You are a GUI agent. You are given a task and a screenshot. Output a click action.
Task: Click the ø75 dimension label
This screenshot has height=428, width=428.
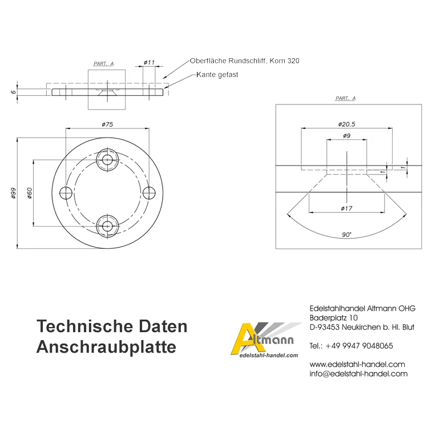pos(107,124)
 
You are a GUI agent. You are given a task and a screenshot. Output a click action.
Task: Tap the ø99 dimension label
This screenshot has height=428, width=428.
pos(13,193)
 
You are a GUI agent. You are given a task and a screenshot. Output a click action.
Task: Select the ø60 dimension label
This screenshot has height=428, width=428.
pos(30,193)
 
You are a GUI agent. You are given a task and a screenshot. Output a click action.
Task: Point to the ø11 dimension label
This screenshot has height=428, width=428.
pos(150,63)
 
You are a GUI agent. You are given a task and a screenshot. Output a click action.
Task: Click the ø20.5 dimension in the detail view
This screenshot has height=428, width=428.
pos(346,124)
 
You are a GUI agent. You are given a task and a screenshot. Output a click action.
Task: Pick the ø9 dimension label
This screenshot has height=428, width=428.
pos(346,136)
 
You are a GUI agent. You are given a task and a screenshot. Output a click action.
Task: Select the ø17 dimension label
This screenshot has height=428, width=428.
pos(346,208)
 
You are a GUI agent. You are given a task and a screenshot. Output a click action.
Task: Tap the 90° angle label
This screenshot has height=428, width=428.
pos(346,235)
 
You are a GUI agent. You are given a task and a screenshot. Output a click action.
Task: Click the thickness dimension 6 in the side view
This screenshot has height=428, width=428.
pos(13,92)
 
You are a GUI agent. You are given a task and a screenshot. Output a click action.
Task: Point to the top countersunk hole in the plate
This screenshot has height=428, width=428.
pos(107,160)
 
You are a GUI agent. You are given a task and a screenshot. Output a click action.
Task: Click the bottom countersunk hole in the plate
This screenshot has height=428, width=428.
pos(107,226)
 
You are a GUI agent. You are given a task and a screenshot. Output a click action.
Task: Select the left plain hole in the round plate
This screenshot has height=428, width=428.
pos(66,193)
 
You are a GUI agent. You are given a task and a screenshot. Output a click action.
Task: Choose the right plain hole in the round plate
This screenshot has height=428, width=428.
pos(149,193)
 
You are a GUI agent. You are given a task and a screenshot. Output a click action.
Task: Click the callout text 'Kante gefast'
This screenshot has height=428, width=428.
pos(217,75)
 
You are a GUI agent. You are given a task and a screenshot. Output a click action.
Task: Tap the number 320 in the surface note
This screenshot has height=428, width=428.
pos(293,61)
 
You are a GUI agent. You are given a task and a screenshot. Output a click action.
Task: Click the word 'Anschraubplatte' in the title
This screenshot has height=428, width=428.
pos(106,347)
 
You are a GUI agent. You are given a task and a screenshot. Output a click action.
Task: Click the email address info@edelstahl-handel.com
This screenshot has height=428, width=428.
pos(358,374)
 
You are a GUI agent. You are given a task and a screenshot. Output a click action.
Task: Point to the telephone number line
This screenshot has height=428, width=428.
pos(351,346)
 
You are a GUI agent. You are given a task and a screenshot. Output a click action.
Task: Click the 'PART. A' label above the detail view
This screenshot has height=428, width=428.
pos(346,98)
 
